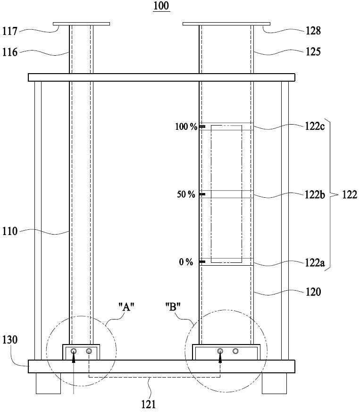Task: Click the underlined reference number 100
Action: [x=161, y=6]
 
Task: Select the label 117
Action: [x=10, y=31]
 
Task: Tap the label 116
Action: [x=10, y=52]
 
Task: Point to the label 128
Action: [x=313, y=31]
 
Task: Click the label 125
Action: [x=313, y=51]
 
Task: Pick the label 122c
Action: [x=315, y=126]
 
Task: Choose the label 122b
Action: [x=315, y=195]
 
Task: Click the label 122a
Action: [x=315, y=262]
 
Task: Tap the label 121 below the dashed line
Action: [x=149, y=404]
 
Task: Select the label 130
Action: [x=10, y=339]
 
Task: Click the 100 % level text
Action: [x=186, y=126]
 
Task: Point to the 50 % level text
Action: [x=186, y=194]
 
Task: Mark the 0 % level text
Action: [x=186, y=262]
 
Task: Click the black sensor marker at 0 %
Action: [x=202, y=262]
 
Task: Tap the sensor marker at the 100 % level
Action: [x=202, y=126]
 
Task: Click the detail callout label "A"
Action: [x=126, y=306]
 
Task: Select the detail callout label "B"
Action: [x=173, y=306]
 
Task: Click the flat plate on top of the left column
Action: [x=82, y=24]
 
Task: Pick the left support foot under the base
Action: [x=48, y=383]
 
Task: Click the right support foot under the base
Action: [x=274, y=383]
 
